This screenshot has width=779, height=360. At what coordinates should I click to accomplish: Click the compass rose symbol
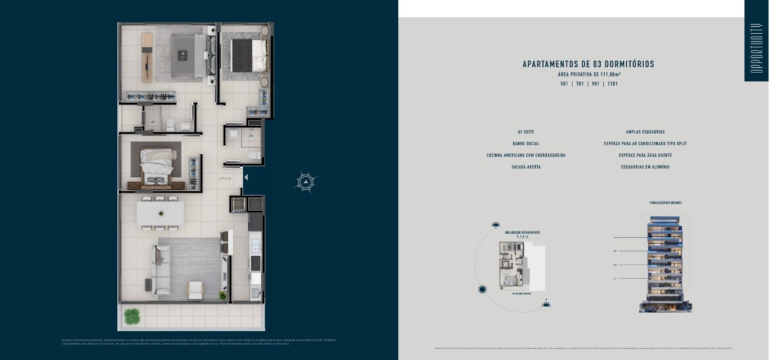[305, 182]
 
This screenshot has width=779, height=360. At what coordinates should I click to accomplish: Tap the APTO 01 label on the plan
[225, 179]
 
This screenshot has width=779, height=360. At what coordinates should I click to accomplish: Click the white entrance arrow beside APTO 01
[246, 177]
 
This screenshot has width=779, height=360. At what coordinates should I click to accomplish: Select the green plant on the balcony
[131, 316]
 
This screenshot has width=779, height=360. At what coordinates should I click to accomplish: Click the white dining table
[160, 213]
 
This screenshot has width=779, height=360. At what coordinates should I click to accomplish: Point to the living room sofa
[161, 269]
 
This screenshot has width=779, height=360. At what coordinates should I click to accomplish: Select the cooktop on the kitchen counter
[256, 264]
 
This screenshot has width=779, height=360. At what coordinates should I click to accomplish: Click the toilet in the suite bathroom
[170, 125]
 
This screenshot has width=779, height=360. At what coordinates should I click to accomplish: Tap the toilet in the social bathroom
[254, 155]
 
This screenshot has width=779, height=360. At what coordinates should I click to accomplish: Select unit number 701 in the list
[580, 84]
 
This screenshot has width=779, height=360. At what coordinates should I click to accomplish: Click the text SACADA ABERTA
[526, 167]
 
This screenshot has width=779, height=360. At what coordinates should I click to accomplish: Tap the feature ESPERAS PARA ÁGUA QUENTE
[645, 155]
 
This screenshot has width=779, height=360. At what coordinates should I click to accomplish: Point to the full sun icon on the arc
[482, 289]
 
